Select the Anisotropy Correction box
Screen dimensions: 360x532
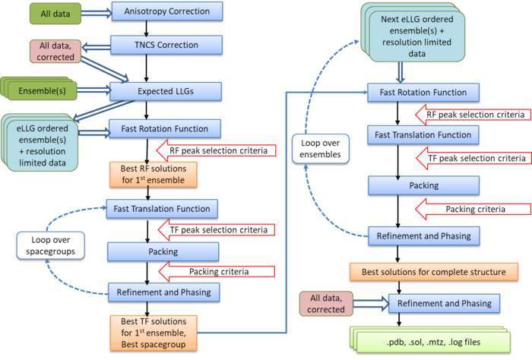pos(166,11)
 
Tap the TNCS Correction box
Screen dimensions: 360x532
pos(166,45)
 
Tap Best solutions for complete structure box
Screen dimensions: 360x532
pos(434,271)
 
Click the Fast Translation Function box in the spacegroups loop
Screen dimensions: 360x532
pos(163,207)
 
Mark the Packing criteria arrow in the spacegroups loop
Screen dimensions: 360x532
pos(220,270)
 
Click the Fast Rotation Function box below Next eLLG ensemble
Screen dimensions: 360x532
pos(423,93)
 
